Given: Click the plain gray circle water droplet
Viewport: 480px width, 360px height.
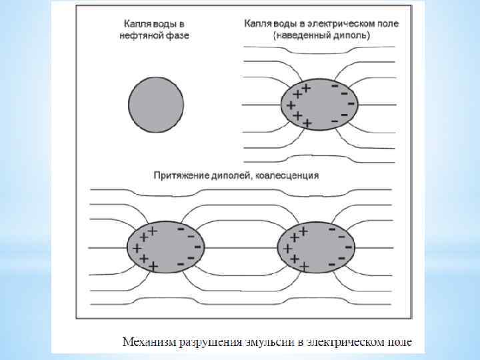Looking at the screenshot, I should click(x=155, y=102).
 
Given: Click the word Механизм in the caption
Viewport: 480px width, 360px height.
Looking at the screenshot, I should click(x=147, y=343).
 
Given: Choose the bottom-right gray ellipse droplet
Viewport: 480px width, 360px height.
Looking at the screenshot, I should click(x=312, y=246).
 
